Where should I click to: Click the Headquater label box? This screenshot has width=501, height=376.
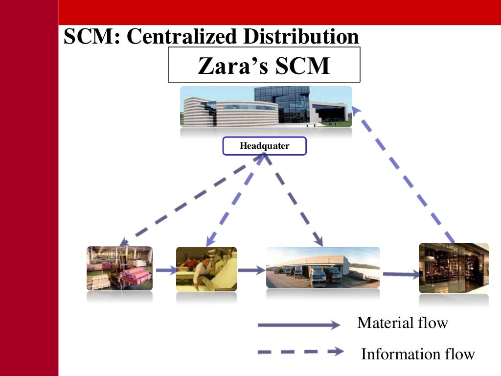[264, 146]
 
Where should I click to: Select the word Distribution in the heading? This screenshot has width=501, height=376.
[303, 37]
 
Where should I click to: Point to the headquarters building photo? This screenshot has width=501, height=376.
[266, 106]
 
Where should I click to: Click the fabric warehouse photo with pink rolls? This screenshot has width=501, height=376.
[120, 268]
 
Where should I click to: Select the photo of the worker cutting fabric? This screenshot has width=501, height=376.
[206, 269]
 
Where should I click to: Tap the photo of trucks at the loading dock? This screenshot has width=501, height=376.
[322, 267]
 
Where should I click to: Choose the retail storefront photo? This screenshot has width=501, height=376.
[453, 268]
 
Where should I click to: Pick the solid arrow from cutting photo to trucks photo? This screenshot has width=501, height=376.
[251, 270]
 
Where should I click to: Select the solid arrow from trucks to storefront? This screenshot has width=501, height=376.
[400, 274]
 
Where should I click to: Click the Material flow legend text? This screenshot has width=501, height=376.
[402, 323]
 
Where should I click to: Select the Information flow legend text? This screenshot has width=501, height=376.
[417, 354]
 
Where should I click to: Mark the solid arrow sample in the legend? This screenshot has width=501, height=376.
[298, 325]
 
